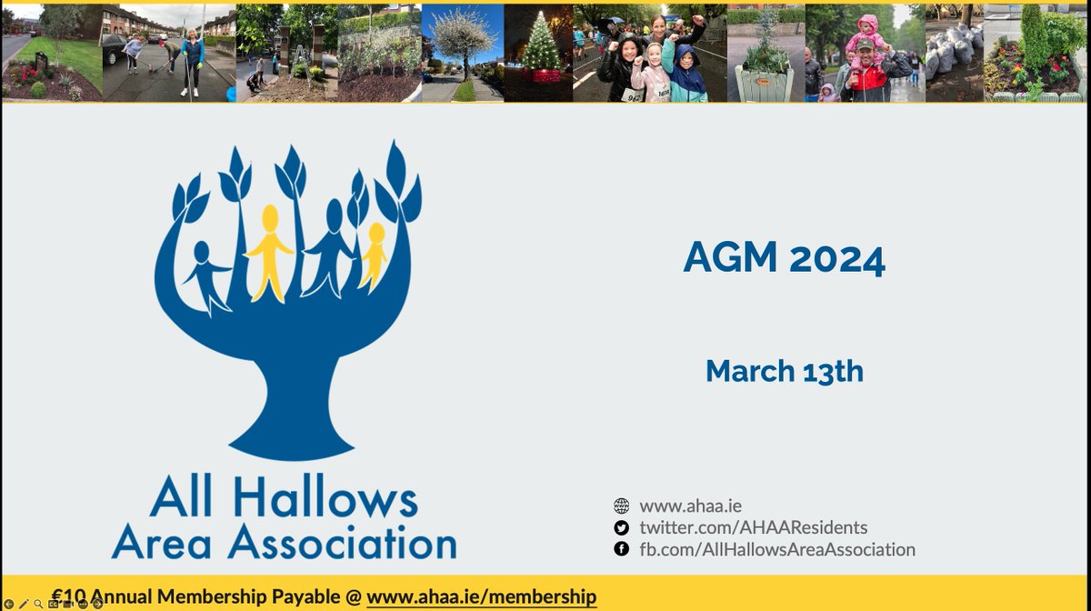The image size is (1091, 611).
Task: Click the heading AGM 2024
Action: (x=784, y=261)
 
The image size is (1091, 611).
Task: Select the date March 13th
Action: (x=784, y=371)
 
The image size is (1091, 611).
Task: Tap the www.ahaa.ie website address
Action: (x=685, y=506)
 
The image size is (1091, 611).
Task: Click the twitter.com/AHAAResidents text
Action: (x=754, y=527)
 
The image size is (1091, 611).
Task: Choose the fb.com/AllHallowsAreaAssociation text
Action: (x=777, y=549)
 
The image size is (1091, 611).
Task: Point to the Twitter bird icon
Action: (x=622, y=527)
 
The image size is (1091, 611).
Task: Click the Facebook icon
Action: (x=622, y=549)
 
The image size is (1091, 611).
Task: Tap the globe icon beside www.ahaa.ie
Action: (x=622, y=506)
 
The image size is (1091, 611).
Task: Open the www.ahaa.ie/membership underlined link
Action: (x=482, y=596)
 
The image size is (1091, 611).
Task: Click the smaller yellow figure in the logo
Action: (x=373, y=255)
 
